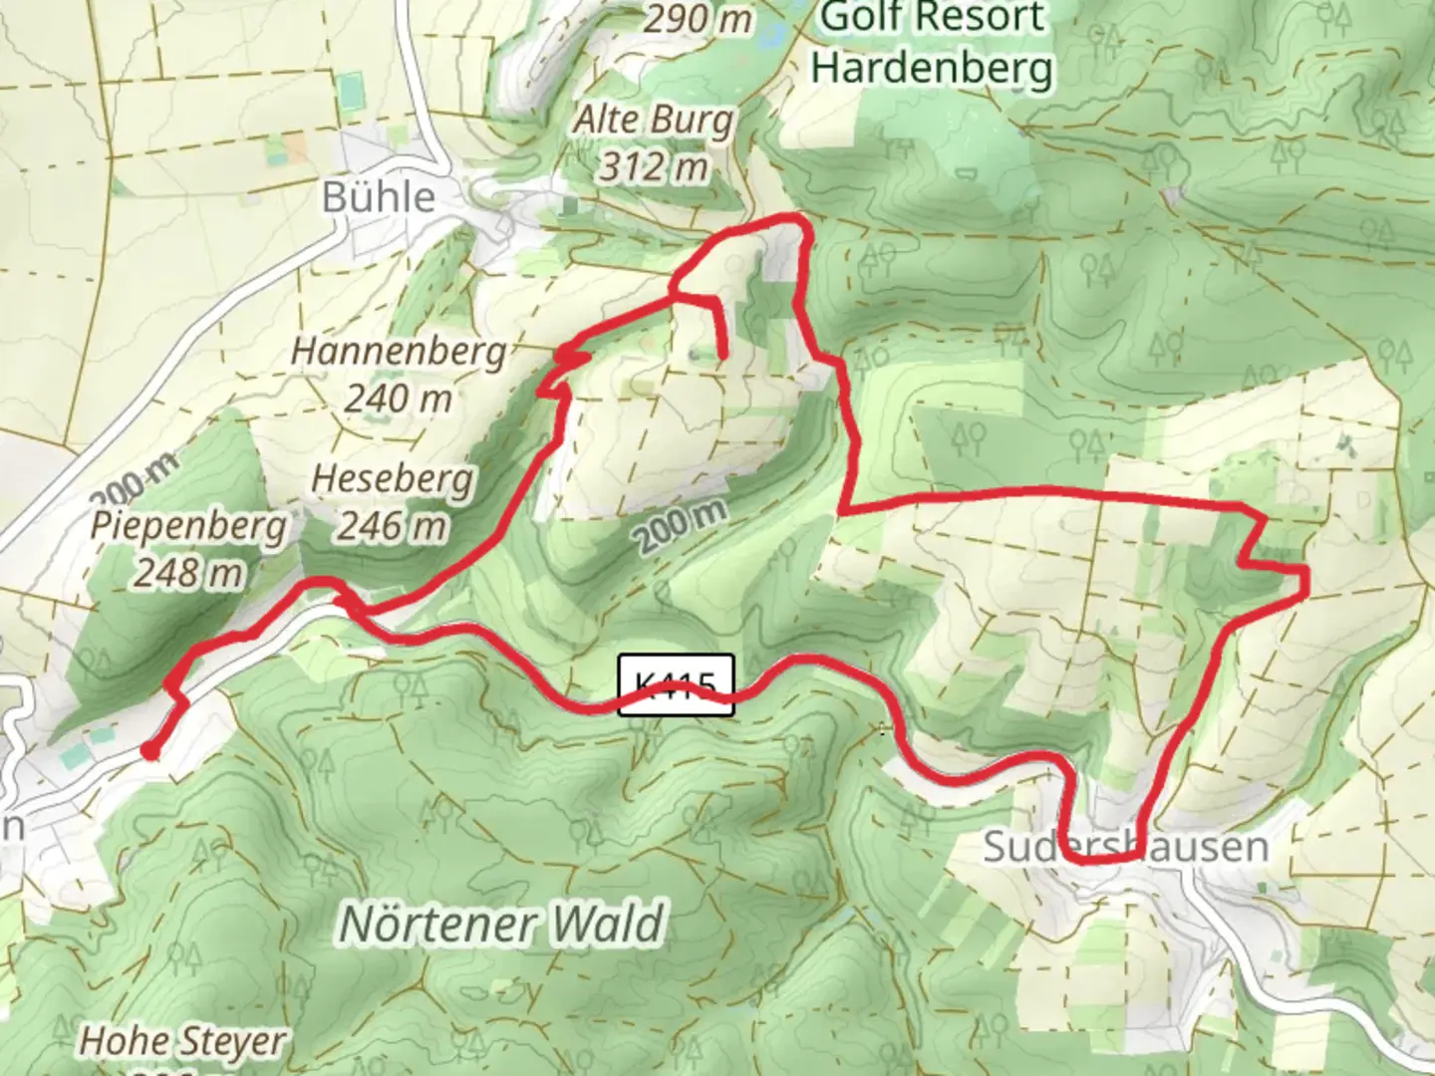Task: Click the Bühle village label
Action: tap(378, 197)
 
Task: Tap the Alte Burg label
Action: tap(653, 121)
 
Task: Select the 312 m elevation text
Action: tap(653, 166)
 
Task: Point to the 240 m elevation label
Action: tap(398, 399)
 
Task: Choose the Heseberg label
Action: tap(392, 479)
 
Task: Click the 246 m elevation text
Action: tap(392, 525)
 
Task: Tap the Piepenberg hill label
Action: tap(188, 525)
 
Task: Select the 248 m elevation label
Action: tap(188, 573)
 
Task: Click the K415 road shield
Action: tap(676, 684)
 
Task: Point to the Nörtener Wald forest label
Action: tap(501, 924)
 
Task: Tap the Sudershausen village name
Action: tap(1125, 847)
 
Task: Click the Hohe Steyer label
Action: tap(181, 1042)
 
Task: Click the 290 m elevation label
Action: tap(699, 18)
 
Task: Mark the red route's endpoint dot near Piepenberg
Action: tap(149, 751)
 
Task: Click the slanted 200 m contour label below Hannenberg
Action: tap(681, 523)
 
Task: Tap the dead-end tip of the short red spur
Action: tap(720, 353)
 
